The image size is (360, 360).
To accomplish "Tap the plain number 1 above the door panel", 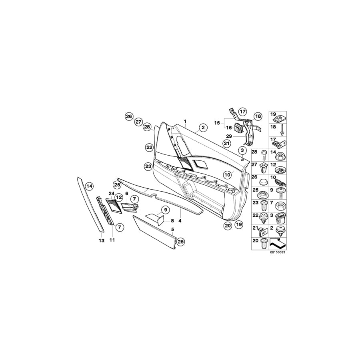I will point(185,121).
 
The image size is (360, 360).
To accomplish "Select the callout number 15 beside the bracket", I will point(217,122).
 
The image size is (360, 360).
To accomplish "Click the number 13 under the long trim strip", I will point(102,240).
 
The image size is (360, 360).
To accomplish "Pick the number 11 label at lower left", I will point(112,240).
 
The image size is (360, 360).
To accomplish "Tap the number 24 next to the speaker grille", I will point(111,193).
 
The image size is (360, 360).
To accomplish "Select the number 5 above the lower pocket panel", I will point(173,230).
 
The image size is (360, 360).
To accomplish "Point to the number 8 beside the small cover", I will point(172,220).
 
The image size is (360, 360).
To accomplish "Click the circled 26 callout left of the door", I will point(128,116).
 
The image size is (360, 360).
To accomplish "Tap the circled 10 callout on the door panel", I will point(228,174).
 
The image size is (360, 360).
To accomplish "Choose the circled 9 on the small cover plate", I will point(164,210).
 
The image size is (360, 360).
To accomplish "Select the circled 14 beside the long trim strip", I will point(89,186).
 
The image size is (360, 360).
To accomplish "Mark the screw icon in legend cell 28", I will point(264,152).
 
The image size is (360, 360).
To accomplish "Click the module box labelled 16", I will point(239,128).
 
